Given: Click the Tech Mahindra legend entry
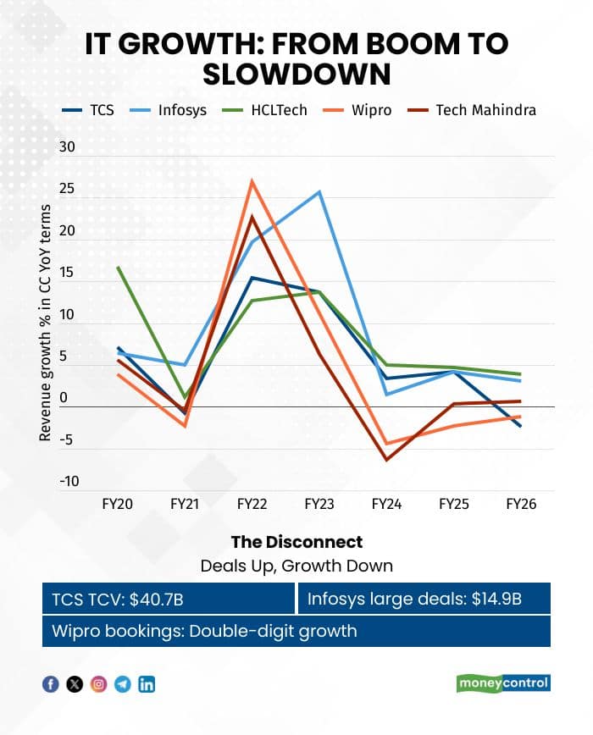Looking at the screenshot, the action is (471, 110).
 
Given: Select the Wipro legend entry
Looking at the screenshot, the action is (357, 110).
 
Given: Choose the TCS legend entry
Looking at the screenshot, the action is (87, 110).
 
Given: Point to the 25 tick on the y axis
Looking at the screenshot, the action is (67, 189).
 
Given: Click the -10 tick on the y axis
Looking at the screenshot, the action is (69, 482).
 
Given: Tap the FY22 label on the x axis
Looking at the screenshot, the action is (252, 505).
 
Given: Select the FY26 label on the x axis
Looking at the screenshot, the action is (521, 505).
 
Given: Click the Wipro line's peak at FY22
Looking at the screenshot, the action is (252, 181).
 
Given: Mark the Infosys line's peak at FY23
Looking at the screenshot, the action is (319, 191).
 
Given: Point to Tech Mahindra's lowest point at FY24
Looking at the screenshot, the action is (387, 460).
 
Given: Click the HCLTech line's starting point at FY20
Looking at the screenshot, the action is (118, 268).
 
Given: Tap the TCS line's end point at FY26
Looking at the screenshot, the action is (521, 426).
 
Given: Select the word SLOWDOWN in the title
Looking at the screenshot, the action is (296, 74).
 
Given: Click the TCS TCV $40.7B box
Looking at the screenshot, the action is (169, 599).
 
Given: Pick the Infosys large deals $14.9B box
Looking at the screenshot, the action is (424, 599).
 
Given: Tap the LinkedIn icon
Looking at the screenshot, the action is (147, 684).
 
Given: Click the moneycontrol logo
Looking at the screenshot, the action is (503, 683).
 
